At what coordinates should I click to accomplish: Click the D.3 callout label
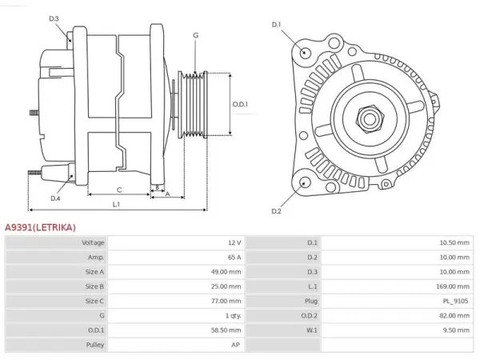coord(54,18)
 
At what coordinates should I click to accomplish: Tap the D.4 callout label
coord(55,198)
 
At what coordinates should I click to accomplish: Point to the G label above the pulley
coord(196,35)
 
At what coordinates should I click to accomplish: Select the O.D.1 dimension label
coord(240,104)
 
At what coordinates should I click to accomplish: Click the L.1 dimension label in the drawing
coord(116,204)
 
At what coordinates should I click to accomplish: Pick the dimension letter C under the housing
coord(119,190)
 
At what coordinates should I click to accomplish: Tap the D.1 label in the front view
coord(276,25)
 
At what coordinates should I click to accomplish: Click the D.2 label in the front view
coord(276,211)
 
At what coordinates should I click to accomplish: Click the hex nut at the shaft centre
coord(370,119)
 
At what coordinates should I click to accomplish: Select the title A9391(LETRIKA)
coord(40,227)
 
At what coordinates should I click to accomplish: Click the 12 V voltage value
coord(234,242)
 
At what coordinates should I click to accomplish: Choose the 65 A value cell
coord(234,258)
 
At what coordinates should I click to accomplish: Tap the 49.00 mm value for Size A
coord(226,272)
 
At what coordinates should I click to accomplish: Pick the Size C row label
coord(94,302)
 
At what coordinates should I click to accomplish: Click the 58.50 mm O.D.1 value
coord(226,330)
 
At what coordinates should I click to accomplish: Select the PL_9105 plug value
coord(455,302)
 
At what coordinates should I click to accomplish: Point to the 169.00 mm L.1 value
coord(453,286)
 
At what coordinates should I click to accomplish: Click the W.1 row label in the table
coord(312,330)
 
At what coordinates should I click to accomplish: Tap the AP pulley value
coord(235,345)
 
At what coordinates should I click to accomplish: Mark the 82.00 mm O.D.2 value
coord(454,316)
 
